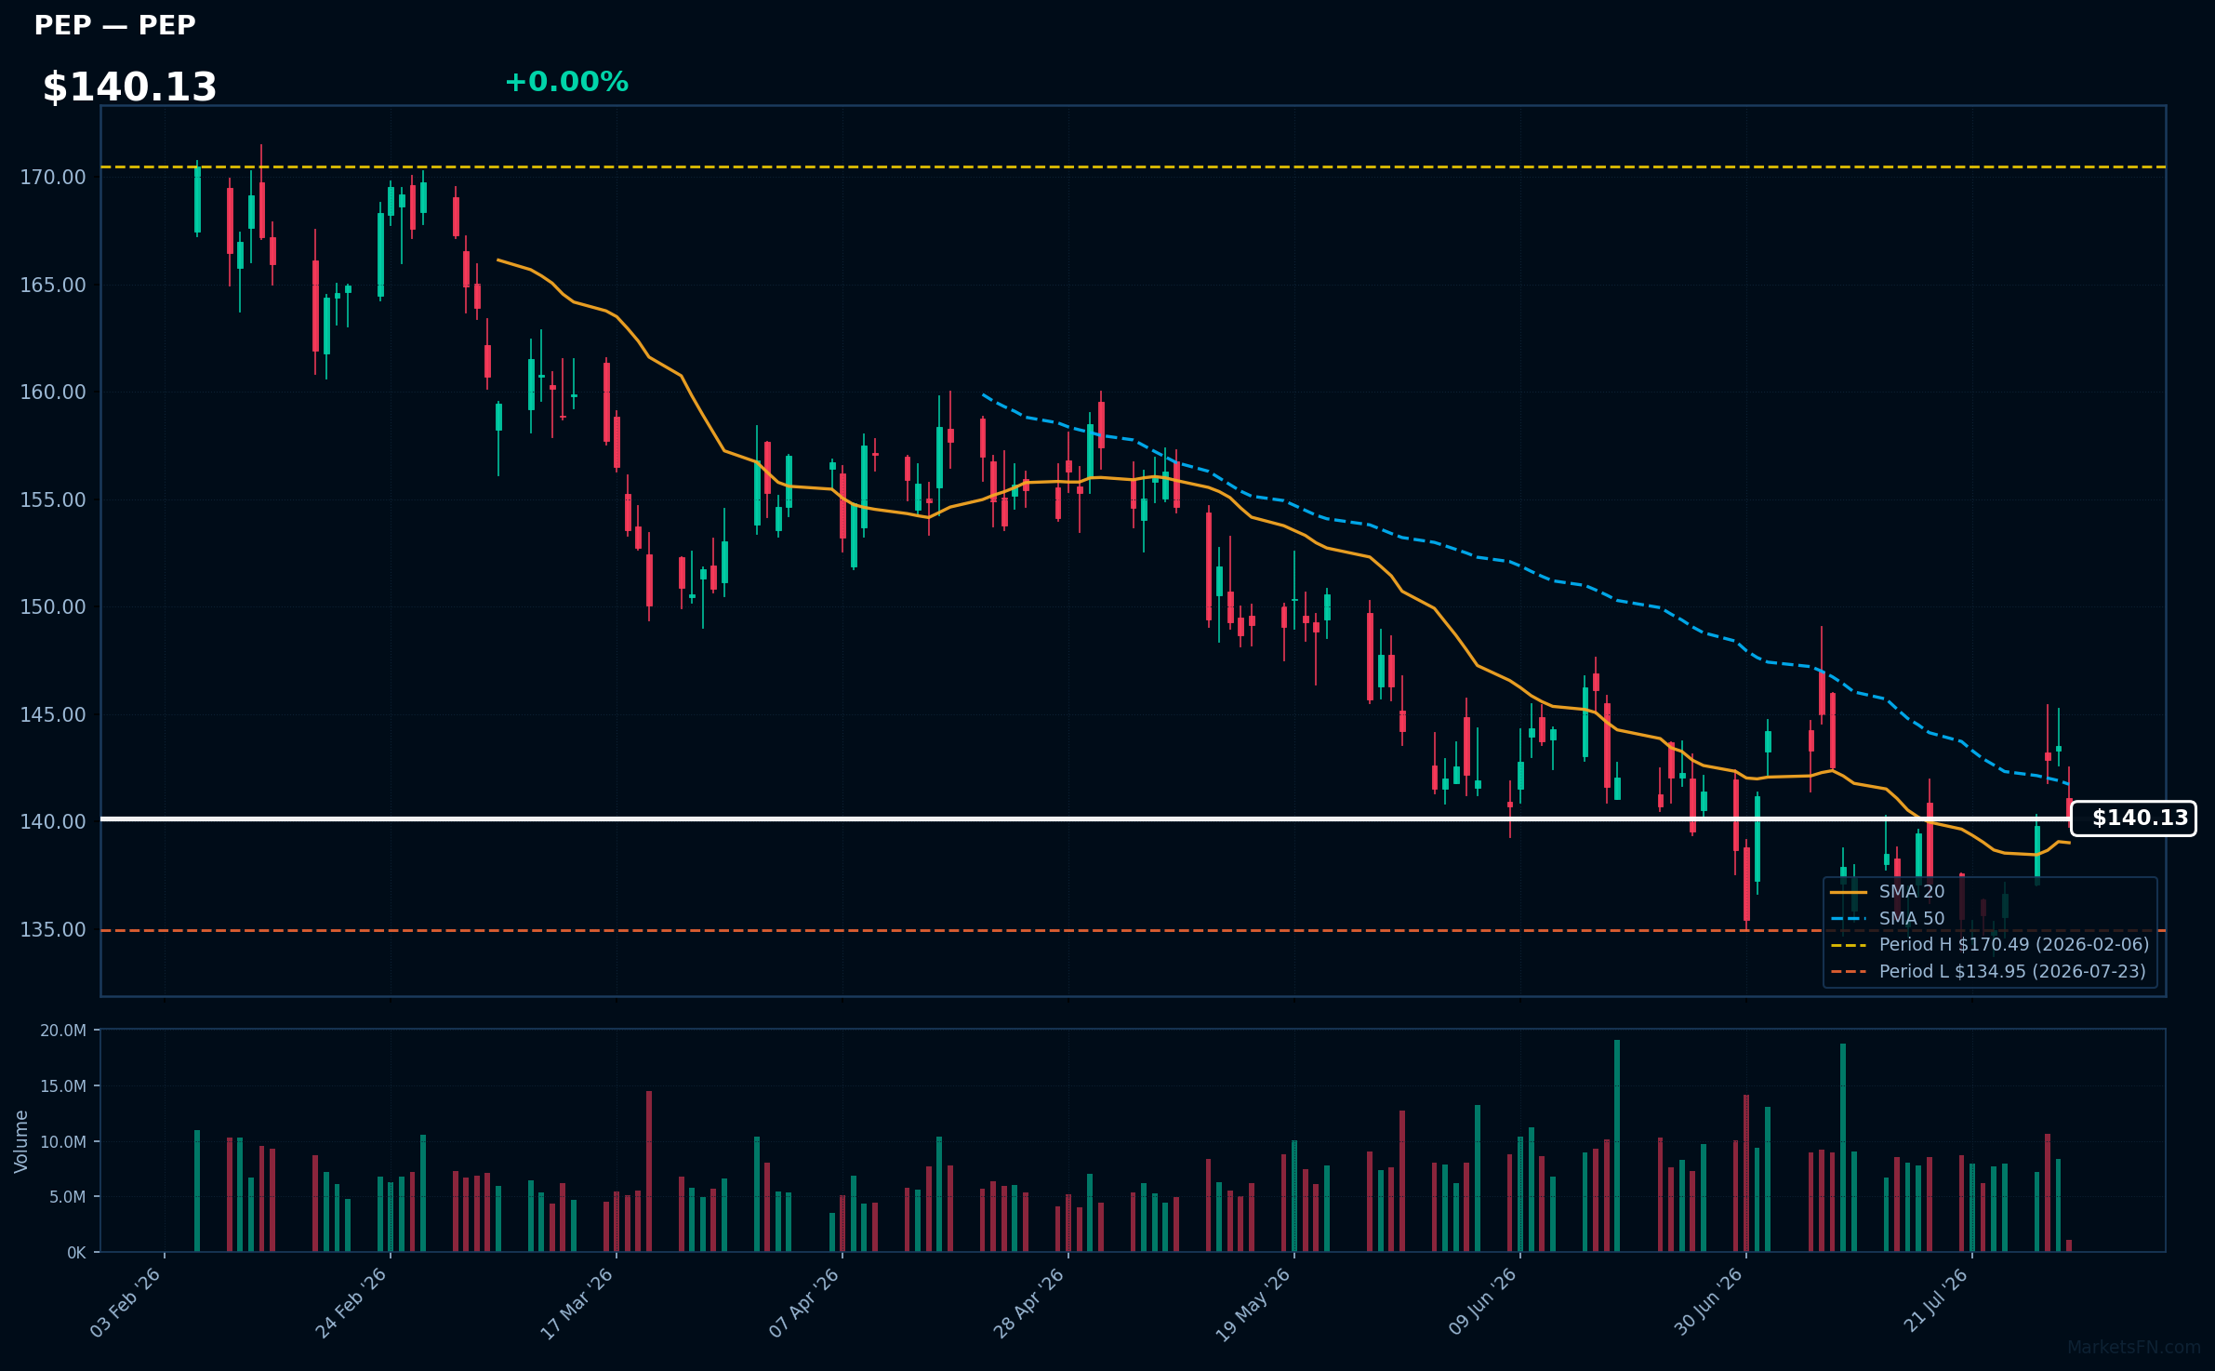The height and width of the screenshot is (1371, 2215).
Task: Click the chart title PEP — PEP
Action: pyautogui.click(x=114, y=25)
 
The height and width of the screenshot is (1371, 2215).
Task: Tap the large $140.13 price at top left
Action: pyautogui.click(x=129, y=87)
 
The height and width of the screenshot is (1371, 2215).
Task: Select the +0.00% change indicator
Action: pyautogui.click(x=566, y=82)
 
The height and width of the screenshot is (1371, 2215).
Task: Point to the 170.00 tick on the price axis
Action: pyautogui.click(x=53, y=177)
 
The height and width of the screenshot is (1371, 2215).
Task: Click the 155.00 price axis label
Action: pyautogui.click(x=53, y=499)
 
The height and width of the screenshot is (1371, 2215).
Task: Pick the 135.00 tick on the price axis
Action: pyautogui.click(x=53, y=929)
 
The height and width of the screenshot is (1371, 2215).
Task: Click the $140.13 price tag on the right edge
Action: pyautogui.click(x=2133, y=819)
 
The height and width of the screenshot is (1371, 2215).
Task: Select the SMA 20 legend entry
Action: pyautogui.click(x=1888, y=891)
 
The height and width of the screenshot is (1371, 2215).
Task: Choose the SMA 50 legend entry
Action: pyautogui.click(x=1888, y=918)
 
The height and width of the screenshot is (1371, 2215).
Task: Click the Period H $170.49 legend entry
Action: pyautogui.click(x=1990, y=944)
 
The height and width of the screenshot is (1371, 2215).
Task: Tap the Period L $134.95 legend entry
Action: pyautogui.click(x=1988, y=971)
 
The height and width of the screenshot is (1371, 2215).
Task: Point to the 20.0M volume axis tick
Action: pyautogui.click(x=63, y=1031)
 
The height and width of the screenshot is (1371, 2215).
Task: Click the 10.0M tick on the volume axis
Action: pyautogui.click(x=63, y=1141)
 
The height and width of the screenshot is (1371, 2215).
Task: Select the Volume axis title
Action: pyautogui.click(x=21, y=1141)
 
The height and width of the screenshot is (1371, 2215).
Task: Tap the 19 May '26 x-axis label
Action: pyautogui.click(x=1253, y=1304)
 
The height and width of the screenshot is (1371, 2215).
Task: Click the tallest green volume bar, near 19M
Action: pyautogui.click(x=1617, y=1145)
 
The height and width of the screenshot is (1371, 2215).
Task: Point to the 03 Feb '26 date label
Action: pyautogui.click(x=126, y=1303)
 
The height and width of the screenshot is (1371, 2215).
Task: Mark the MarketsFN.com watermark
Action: pyautogui.click(x=2134, y=1348)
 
